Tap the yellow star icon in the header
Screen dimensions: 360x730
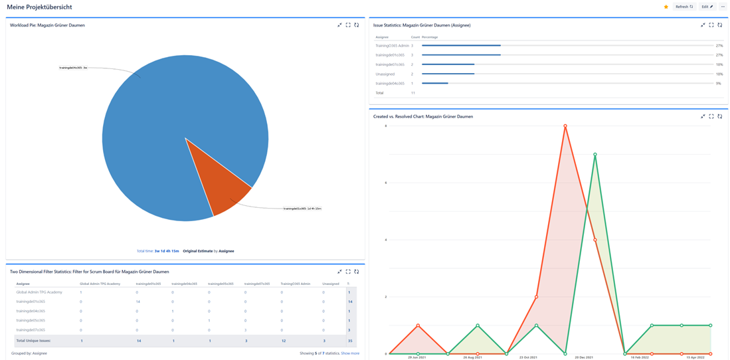tap(666, 7)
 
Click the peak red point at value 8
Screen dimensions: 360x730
tap(565, 126)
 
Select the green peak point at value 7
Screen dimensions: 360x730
tap(594, 154)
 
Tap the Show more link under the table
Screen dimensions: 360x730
tap(350, 353)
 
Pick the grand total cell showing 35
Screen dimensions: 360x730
tap(349, 340)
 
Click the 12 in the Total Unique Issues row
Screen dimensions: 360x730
tap(284, 340)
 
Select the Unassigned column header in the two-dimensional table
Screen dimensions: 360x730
tap(330, 283)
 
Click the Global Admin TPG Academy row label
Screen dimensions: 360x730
tap(39, 292)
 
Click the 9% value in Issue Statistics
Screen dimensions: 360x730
tap(719, 83)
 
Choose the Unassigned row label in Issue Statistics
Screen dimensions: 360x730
tap(385, 74)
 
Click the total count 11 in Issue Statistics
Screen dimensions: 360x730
tap(412, 93)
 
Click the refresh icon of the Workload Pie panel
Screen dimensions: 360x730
tap(357, 25)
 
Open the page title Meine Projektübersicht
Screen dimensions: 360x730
tap(40, 7)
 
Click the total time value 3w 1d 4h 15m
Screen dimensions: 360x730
tap(167, 251)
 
